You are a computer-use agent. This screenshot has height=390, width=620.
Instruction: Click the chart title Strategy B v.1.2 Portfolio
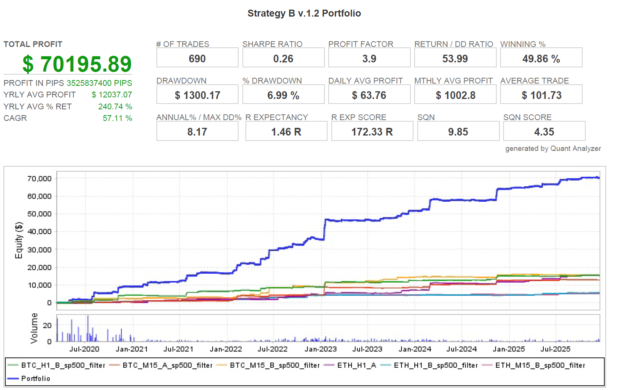point(304,13)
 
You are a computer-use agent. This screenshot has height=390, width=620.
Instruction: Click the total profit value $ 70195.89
point(77,64)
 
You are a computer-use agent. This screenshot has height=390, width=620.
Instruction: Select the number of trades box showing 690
point(197,59)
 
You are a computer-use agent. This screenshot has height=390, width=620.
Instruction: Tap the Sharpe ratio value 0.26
point(283,59)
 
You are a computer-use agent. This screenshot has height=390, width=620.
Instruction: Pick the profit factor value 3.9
point(369,59)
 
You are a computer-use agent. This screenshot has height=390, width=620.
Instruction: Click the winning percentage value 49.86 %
point(541,59)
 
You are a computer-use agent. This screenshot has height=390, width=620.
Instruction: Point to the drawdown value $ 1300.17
point(197,95)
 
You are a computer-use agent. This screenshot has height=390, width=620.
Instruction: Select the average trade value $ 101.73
point(541,95)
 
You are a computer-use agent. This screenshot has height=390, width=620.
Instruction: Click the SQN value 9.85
point(458,132)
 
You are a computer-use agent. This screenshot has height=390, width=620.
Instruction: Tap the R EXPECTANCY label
point(277,117)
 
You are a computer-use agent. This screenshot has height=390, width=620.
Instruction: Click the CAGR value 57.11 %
point(117,118)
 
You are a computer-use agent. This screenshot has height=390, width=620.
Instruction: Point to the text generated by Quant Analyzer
point(553,149)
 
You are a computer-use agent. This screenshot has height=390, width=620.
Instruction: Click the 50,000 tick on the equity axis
point(39,214)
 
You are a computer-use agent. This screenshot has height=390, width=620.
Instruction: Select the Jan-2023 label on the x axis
point(321,349)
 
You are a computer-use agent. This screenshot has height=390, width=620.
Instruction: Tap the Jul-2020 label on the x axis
point(84,349)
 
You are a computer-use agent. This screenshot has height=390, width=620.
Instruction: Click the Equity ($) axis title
point(19,240)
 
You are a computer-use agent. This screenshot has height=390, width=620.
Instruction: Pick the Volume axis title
point(34,328)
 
